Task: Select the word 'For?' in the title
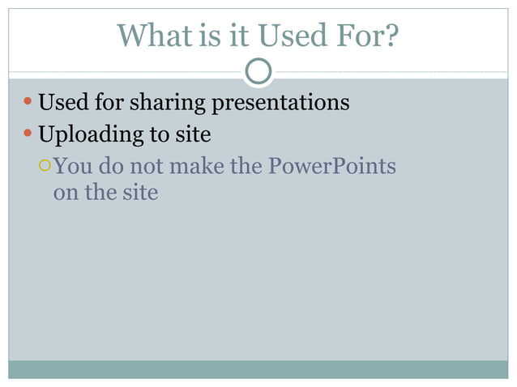tap(370, 35)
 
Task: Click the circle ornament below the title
tap(258, 72)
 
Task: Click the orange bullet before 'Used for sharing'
tap(28, 104)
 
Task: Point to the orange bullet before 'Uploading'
tap(28, 134)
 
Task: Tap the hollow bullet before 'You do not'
tap(45, 166)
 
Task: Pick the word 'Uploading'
tap(88, 134)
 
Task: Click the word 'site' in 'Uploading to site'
tap(193, 134)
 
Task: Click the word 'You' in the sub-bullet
tap(70, 167)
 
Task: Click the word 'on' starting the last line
tap(63, 193)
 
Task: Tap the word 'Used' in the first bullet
tap(62, 104)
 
